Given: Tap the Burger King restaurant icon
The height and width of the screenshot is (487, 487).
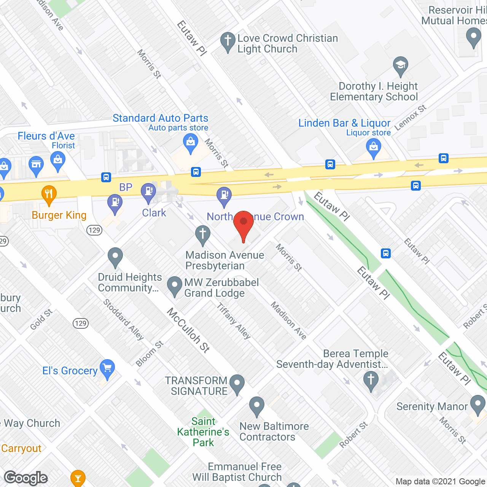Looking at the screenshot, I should pyautogui.click(x=49, y=195).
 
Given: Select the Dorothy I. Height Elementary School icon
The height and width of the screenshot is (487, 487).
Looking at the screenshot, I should pyautogui.click(x=400, y=66).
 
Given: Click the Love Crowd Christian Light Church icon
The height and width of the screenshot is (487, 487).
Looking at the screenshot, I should pyautogui.click(x=228, y=41).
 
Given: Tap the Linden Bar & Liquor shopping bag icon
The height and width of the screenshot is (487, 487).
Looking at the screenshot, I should pyautogui.click(x=373, y=148).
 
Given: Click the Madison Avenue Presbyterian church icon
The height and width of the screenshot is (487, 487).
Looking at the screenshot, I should pyautogui.click(x=202, y=234).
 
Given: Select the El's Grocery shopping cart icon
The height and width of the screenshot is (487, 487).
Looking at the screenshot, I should pyautogui.click(x=108, y=369).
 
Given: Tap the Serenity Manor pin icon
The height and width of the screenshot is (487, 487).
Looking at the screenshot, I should pyautogui.click(x=478, y=404).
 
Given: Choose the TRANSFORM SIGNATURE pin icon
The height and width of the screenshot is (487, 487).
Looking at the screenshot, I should pyautogui.click(x=237, y=384).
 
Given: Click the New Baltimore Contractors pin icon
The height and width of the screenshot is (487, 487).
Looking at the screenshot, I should pyautogui.click(x=257, y=406).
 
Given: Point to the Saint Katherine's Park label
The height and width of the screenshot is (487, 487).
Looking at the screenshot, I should pyautogui.click(x=203, y=432).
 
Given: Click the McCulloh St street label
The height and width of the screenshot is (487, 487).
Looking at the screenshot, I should pyautogui.click(x=188, y=330).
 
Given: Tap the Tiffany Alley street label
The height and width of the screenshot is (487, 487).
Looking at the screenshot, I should pyautogui.click(x=234, y=321).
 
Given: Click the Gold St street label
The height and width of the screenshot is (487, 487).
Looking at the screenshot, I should pyautogui.click(x=41, y=320).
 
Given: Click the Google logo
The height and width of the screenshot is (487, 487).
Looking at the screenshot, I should pyautogui.click(x=26, y=478).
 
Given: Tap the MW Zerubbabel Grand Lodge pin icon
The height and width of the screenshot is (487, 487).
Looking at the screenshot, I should pyautogui.click(x=175, y=286).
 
